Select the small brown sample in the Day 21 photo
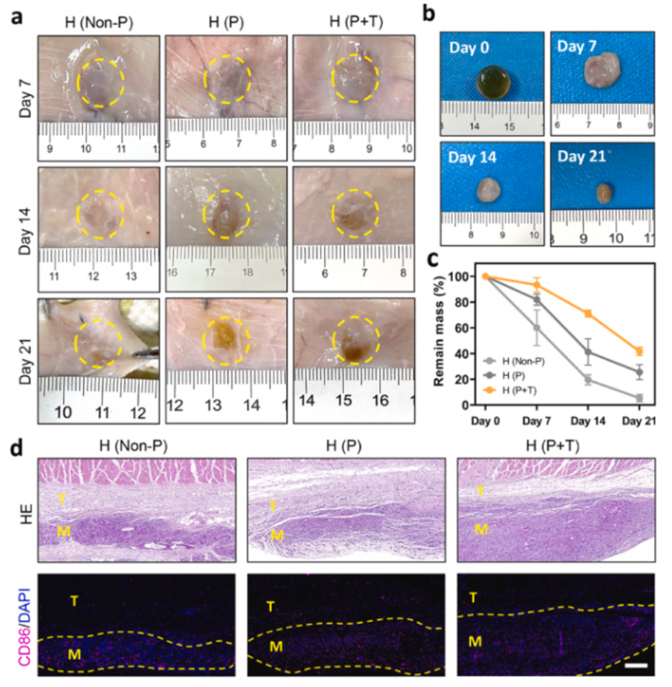604,193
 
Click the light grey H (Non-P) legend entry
506,361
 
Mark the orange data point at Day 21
639,351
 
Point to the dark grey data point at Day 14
588,352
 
